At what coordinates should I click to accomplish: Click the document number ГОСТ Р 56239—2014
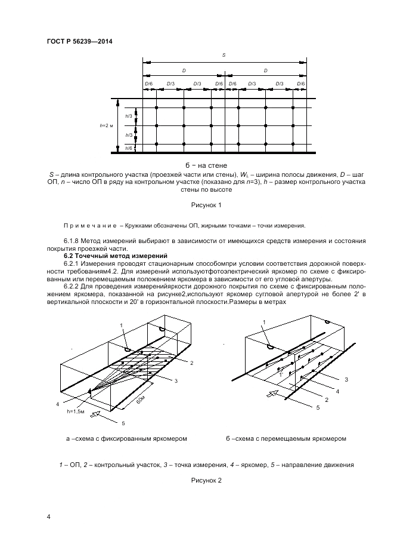tap(79, 41)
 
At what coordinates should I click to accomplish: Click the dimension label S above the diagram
tap(224, 55)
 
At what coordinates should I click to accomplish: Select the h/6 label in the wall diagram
tap(128, 148)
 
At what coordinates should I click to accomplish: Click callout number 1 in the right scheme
tap(264, 322)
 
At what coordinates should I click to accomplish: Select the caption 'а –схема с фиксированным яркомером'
tap(127, 438)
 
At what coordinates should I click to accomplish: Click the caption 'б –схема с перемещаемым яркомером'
tap(286, 438)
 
